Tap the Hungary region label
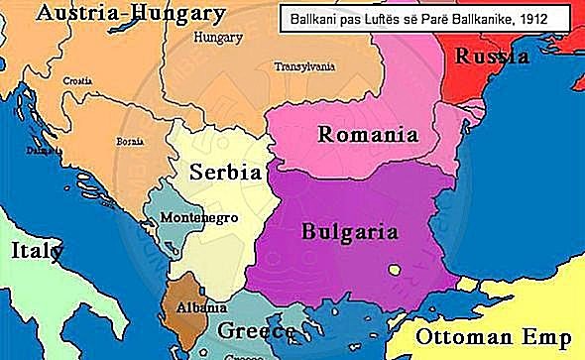[218, 39]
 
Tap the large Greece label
[256, 330]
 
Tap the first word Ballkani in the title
[310, 18]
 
